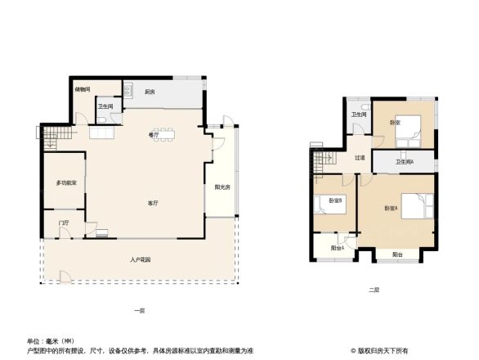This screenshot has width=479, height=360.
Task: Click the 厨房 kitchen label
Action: (x=150, y=92)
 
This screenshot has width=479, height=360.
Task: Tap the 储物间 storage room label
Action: (x=83, y=89)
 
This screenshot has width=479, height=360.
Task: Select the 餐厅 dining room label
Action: (x=153, y=134)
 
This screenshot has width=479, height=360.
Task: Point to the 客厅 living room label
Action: (x=153, y=202)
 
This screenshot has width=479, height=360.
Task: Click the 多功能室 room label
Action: (x=66, y=182)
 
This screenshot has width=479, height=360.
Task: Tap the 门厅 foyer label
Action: (x=64, y=222)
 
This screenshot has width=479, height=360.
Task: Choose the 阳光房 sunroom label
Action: (x=222, y=187)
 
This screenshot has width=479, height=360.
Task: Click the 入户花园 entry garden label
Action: (x=141, y=260)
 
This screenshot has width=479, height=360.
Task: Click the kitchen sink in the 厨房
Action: (x=129, y=92)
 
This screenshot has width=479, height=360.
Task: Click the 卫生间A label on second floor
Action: (x=404, y=162)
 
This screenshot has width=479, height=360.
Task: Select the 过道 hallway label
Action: (x=360, y=158)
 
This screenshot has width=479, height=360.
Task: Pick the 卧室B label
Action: (x=335, y=200)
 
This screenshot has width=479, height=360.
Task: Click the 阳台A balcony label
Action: (x=336, y=248)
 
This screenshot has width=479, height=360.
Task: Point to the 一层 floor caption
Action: (x=140, y=310)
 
